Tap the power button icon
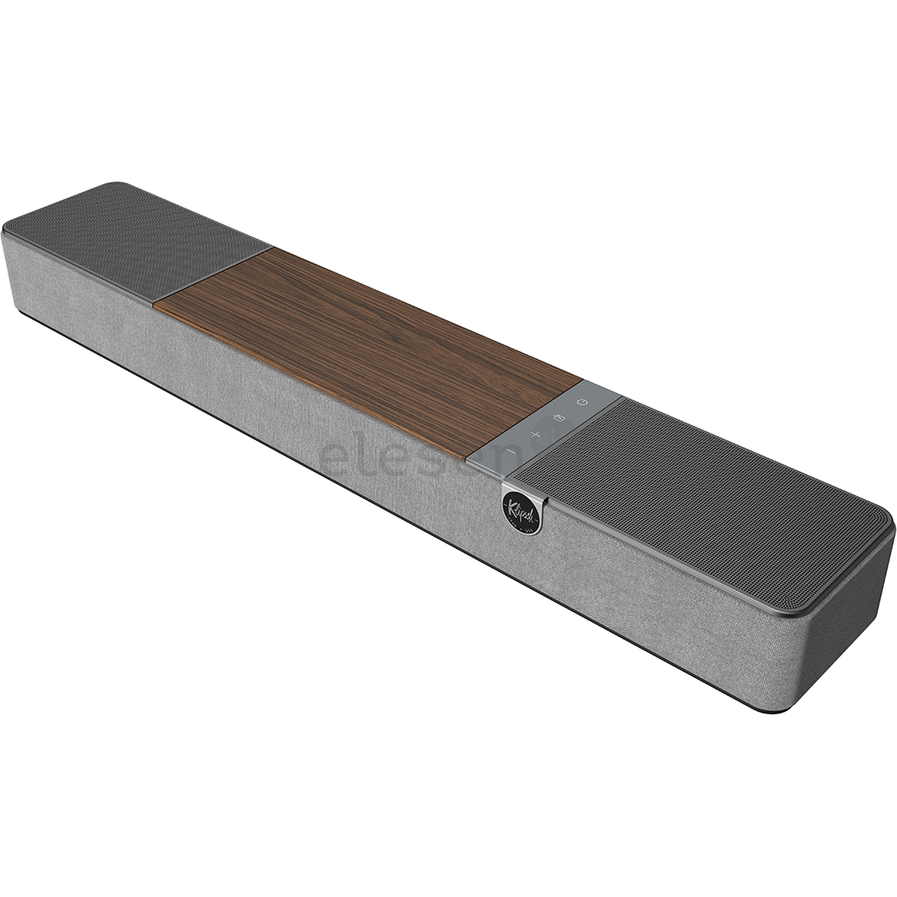click(x=582, y=403)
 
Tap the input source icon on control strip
click(x=559, y=418)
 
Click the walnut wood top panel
click(x=365, y=349)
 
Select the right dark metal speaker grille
click(x=698, y=498)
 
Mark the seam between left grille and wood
click(x=213, y=273)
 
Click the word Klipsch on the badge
click(x=521, y=507)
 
